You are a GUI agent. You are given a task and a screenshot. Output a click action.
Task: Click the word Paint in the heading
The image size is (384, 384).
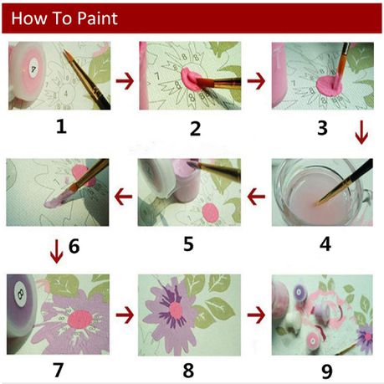tap(97, 18)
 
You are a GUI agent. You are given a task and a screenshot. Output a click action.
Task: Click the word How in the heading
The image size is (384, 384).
tap(28, 18)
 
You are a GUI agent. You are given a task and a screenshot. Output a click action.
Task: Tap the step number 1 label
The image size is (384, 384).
tap(61, 127)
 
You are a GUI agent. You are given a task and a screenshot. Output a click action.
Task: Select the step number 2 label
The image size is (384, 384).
tap(195, 129)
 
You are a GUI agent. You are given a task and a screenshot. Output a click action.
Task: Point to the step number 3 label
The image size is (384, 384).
tap(322, 128)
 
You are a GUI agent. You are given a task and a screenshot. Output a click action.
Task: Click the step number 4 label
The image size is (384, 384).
tap(325, 243)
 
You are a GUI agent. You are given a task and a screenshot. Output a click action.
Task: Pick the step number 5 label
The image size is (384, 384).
tap(188, 243)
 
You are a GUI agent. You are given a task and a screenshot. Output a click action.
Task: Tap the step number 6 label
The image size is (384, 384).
tap(74, 246)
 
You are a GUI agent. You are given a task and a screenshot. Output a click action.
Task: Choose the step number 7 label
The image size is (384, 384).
tap(58, 370)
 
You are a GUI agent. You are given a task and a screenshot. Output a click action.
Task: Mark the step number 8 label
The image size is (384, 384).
tap(188, 371)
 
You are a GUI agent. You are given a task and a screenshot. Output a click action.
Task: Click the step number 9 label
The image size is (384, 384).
tap(327, 371)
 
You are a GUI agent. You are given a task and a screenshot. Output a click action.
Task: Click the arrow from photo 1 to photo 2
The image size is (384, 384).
tap(125, 81)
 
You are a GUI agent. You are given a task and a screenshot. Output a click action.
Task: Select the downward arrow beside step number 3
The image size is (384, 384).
tap(361, 132)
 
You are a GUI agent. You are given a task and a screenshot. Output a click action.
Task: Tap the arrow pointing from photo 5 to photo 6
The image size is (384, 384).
tap(123, 197)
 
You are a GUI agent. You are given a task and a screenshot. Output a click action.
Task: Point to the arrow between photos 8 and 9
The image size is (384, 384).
tap(256, 315)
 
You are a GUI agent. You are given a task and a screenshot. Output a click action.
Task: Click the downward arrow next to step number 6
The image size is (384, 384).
tap(57, 251)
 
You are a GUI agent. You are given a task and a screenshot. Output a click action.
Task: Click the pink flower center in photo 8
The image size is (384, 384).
tap(176, 310)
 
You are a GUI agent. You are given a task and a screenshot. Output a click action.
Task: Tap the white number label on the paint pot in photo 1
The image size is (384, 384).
tap(33, 69)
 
